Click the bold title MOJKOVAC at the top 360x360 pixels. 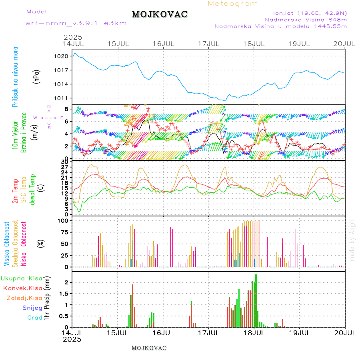tap(160, 14)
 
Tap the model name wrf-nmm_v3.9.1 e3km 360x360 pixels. tap(76, 23)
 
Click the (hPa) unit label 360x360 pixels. tap(36, 76)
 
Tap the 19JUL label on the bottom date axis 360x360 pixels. tap(300, 333)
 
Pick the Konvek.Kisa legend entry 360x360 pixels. tap(22, 288)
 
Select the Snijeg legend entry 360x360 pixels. tap(32, 308)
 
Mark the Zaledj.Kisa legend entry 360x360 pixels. tap(24, 298)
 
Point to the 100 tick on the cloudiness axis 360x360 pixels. tap(64, 220)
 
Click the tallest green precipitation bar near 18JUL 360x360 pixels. tap(256, 300)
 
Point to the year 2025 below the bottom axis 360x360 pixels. tap(72, 339)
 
